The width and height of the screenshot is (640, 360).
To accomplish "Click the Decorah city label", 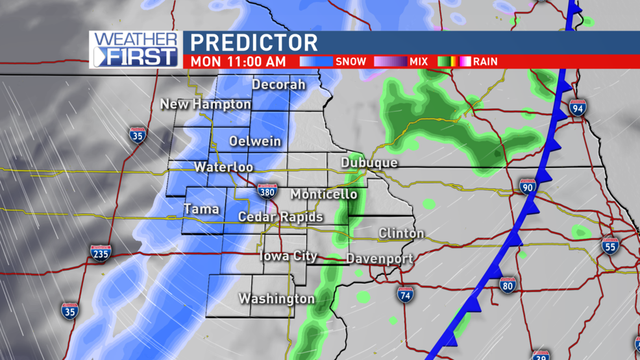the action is click(278, 85).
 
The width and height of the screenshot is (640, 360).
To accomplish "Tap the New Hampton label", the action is click(205, 104).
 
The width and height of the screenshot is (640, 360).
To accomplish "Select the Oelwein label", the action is click(255, 141).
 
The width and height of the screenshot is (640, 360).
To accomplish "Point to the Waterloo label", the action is click(223, 167).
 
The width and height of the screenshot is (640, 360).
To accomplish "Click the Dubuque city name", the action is click(369, 163).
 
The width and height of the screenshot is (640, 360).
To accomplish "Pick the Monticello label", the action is click(323, 195).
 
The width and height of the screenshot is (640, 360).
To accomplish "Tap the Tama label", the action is click(201, 210).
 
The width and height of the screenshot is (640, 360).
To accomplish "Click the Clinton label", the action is click(401, 233).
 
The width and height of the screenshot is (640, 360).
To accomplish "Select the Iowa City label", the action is click(288, 256).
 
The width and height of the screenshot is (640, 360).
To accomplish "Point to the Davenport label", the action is click(379, 259).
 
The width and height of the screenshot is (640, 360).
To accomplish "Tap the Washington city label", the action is click(277, 299).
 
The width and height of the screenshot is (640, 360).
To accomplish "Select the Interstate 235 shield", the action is click(101, 252).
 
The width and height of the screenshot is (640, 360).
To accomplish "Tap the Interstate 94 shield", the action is click(578, 108).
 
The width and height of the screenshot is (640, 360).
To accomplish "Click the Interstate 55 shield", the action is click(609, 245).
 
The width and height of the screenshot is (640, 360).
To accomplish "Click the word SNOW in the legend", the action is click(351, 62).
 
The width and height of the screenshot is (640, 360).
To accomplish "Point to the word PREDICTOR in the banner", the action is click(254, 43).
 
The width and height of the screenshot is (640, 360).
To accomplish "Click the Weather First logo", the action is click(136, 49).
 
